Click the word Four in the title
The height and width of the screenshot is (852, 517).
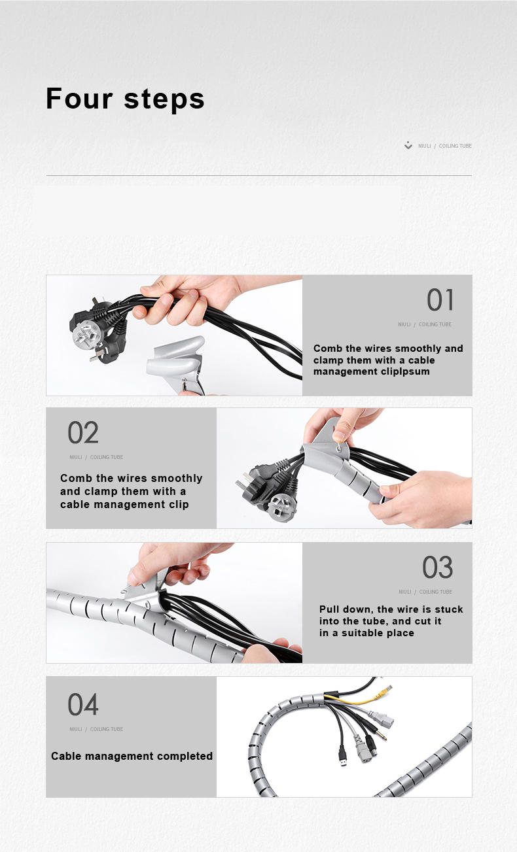click(x=79, y=99)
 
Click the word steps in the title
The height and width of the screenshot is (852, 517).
click(x=164, y=99)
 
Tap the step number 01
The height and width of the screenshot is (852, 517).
click(x=440, y=300)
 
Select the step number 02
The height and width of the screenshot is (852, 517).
click(x=83, y=432)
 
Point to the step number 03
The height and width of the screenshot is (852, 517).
click(x=437, y=568)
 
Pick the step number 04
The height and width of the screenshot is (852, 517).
click(x=83, y=704)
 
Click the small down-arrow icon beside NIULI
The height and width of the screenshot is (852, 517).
click(x=408, y=145)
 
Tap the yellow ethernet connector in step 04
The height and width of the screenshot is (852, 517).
click(x=384, y=694)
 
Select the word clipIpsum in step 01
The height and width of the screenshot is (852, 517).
click(x=404, y=371)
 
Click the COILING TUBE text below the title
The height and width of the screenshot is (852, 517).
click(x=455, y=146)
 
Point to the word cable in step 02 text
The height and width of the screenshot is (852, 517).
click(x=75, y=504)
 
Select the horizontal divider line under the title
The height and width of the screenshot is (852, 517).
click(x=259, y=175)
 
